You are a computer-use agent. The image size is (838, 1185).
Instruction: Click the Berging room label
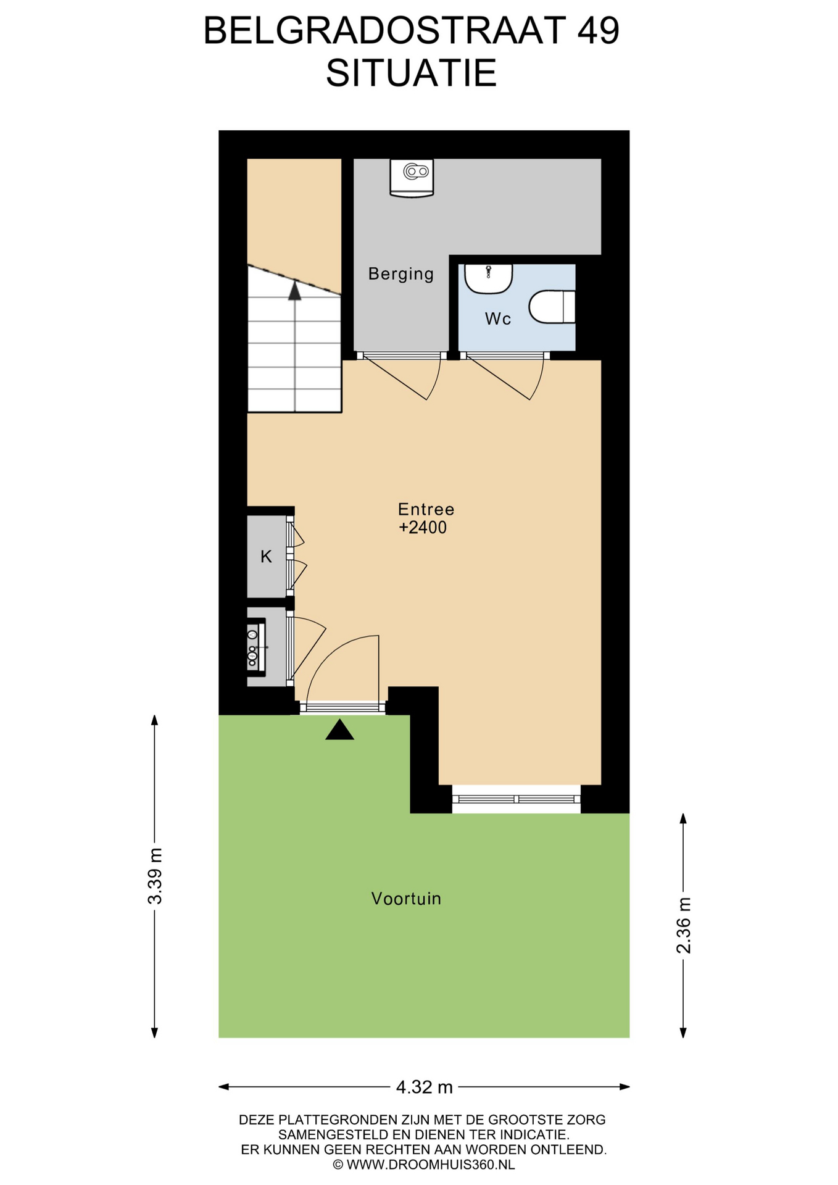(x=401, y=274)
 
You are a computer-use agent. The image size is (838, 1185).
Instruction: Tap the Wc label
(x=498, y=319)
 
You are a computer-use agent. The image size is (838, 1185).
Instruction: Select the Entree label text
(x=426, y=509)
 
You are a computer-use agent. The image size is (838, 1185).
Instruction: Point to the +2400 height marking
(x=423, y=528)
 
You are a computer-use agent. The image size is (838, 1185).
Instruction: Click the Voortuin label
(x=406, y=899)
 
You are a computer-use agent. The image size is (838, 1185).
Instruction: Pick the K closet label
(x=266, y=557)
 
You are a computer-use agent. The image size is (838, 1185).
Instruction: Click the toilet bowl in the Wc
(x=552, y=307)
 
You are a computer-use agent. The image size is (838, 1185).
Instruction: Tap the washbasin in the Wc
(x=488, y=278)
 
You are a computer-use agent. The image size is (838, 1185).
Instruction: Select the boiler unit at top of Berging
(x=412, y=178)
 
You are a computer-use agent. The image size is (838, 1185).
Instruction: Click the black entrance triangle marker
(x=339, y=730)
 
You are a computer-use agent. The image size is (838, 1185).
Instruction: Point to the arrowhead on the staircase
(x=295, y=290)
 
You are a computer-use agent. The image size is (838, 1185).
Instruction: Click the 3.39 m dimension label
(x=155, y=876)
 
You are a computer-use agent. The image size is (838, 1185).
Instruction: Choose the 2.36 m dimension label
(x=684, y=925)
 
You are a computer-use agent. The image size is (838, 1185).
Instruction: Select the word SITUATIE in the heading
(x=412, y=73)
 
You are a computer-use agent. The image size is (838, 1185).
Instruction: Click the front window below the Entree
(x=516, y=799)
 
